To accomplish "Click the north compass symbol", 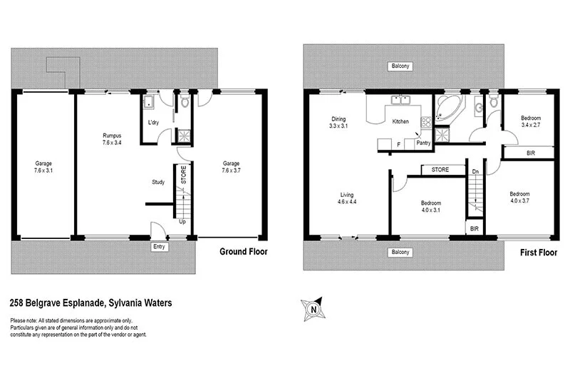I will (313, 309).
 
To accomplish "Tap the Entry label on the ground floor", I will (159, 247).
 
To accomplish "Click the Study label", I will (158, 182).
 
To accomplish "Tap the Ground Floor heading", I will (243, 251).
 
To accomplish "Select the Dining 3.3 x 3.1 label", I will (338, 123).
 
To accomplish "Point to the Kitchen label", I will (401, 121).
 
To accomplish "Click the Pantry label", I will (423, 143).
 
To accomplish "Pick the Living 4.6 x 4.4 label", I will (346, 198).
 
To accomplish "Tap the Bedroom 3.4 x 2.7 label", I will (530, 121).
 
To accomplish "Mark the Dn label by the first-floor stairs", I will (475, 171).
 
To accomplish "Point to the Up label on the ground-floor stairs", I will (183, 221).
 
